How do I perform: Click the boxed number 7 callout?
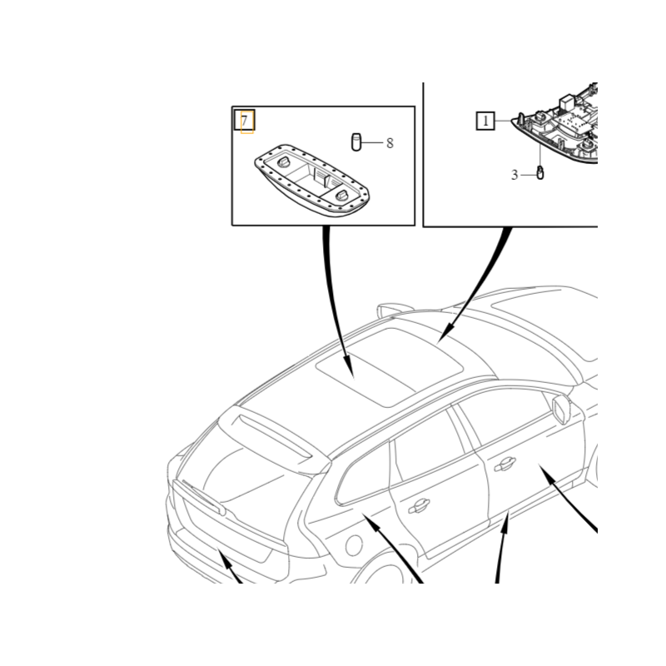coord(245,121)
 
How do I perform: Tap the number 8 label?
coord(390,143)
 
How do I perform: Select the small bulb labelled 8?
coord(356,142)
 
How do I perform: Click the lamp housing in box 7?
coord(310,178)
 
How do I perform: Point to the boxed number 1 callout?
coord(485,122)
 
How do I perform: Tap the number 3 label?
coord(514,175)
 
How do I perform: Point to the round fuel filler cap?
coord(352,545)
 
